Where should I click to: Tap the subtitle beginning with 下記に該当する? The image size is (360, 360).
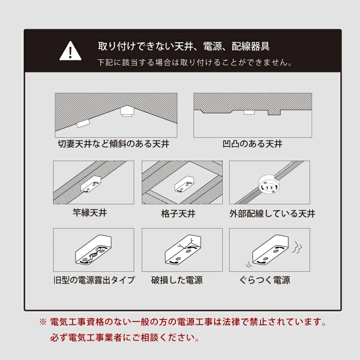195,63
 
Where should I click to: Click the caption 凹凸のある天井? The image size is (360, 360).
252,144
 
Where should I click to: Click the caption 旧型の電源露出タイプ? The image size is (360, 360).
93,280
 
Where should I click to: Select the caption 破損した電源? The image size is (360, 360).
177,280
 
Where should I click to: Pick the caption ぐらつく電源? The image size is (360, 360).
265,280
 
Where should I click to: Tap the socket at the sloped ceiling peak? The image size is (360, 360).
126,111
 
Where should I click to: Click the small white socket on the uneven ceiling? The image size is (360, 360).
249,112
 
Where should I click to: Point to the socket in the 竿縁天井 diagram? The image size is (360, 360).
92,184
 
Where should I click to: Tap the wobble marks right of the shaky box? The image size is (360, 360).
297,246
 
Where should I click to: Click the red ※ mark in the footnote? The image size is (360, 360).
43,322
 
